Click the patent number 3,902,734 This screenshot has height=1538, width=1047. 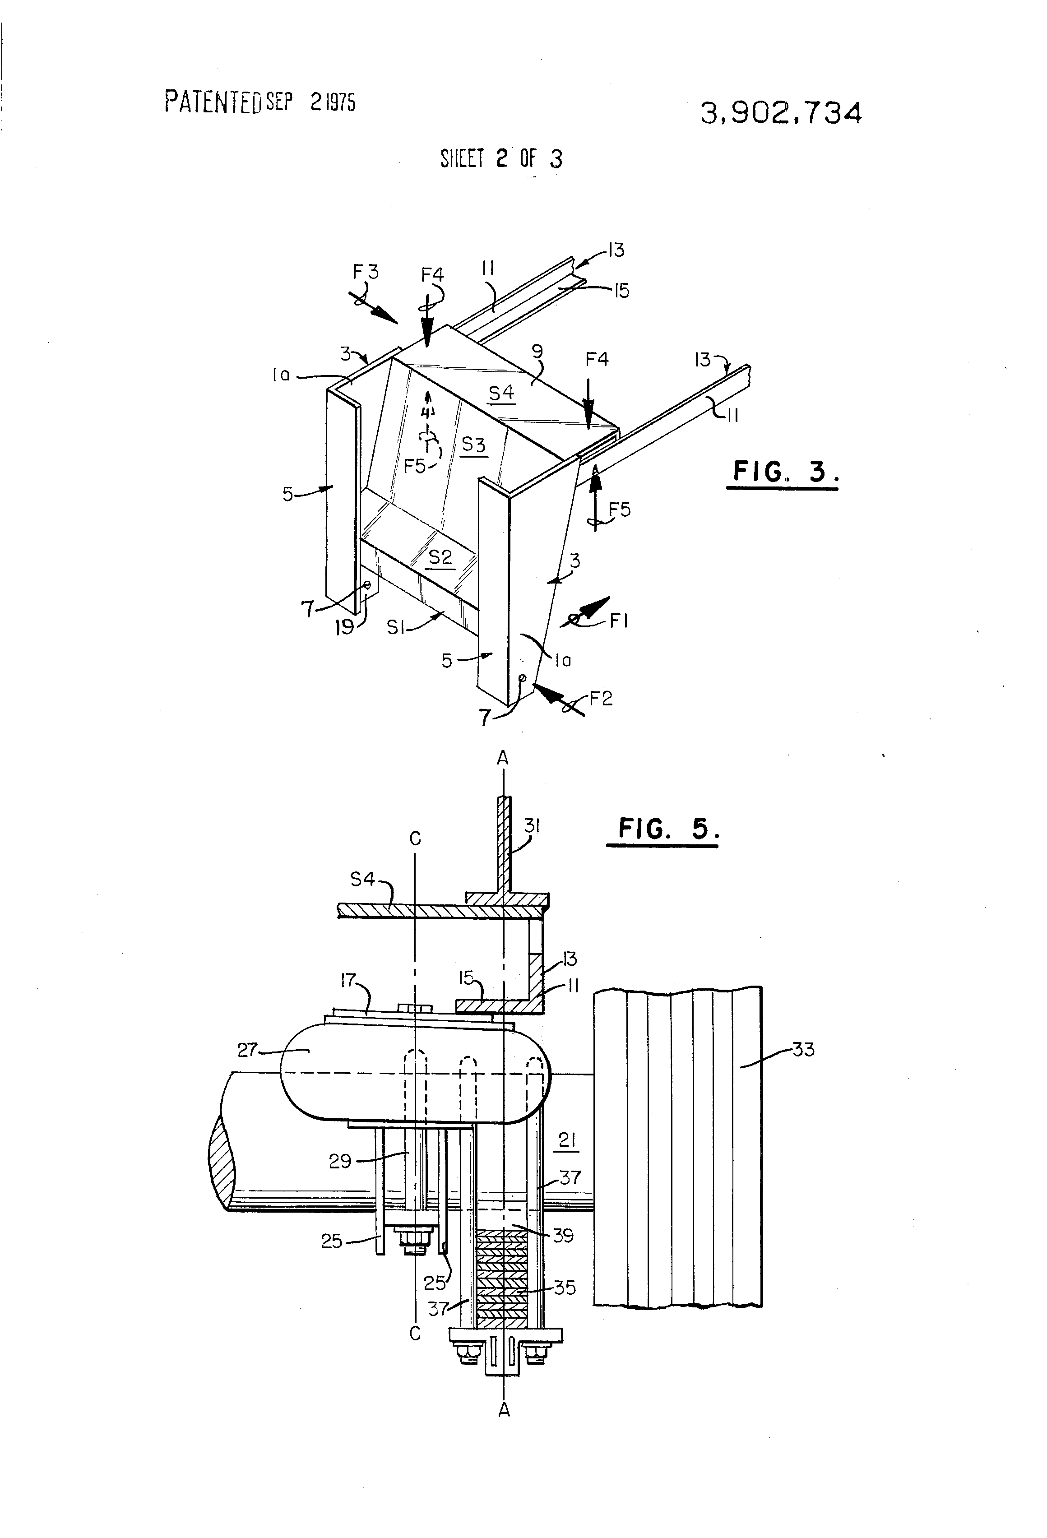point(781,114)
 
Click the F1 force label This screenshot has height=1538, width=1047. point(619,621)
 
